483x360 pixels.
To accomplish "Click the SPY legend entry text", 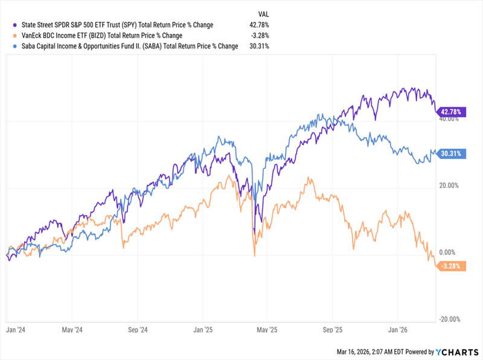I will point(115,25).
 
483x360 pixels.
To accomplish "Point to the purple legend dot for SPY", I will point(14,25).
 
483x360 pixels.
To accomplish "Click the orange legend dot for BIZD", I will point(14,35).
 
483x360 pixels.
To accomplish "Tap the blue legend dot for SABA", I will point(14,45).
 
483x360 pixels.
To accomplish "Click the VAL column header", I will point(263,13).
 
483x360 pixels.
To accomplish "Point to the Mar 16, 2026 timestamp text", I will point(370,350).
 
